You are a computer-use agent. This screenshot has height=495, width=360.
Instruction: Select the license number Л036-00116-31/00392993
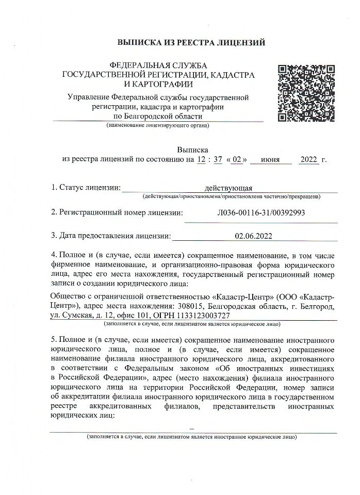[x=261, y=212]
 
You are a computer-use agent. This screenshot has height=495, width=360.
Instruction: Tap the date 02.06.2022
[x=253, y=236]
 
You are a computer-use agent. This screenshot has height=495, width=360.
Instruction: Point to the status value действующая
[x=228, y=188]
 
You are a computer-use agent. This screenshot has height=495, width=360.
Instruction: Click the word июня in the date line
[x=270, y=159]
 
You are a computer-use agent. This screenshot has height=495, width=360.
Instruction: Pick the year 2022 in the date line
[x=309, y=159]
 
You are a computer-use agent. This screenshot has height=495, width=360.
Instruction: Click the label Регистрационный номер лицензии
[x=121, y=212]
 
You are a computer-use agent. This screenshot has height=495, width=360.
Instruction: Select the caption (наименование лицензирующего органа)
[x=158, y=125]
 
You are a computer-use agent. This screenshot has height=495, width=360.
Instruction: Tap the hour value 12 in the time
[x=201, y=159]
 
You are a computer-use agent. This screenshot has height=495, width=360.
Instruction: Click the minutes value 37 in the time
[x=218, y=159]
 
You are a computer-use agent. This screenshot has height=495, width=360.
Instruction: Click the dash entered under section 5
[x=192, y=428]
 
